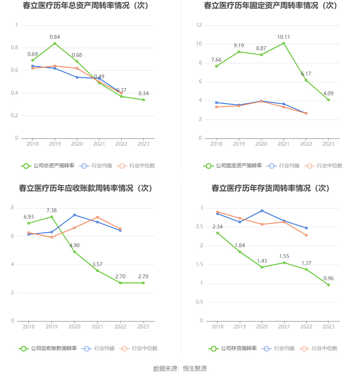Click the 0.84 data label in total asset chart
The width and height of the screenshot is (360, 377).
tap(55, 37)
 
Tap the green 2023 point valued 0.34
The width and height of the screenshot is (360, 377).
tap(143, 100)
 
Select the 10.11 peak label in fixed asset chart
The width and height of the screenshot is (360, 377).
tap(283, 37)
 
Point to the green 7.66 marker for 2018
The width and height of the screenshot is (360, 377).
tap(217, 66)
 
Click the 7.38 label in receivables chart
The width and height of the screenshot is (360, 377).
tap(51, 211)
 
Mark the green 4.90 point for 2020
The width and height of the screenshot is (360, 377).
tap(75, 252)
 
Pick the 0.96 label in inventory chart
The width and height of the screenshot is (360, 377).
tap(329, 279)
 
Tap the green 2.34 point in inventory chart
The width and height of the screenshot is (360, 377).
tap(217, 233)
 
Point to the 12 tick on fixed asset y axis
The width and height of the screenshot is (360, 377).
tap(199, 25)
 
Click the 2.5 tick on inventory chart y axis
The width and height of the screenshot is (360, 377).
tap(199, 227)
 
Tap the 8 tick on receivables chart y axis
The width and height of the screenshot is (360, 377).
tap(13, 208)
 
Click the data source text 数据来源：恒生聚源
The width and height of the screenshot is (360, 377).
tap(180, 368)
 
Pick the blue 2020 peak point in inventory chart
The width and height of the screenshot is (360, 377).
tap(262, 211)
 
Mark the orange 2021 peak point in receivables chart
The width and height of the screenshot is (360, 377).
tap(97, 217)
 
